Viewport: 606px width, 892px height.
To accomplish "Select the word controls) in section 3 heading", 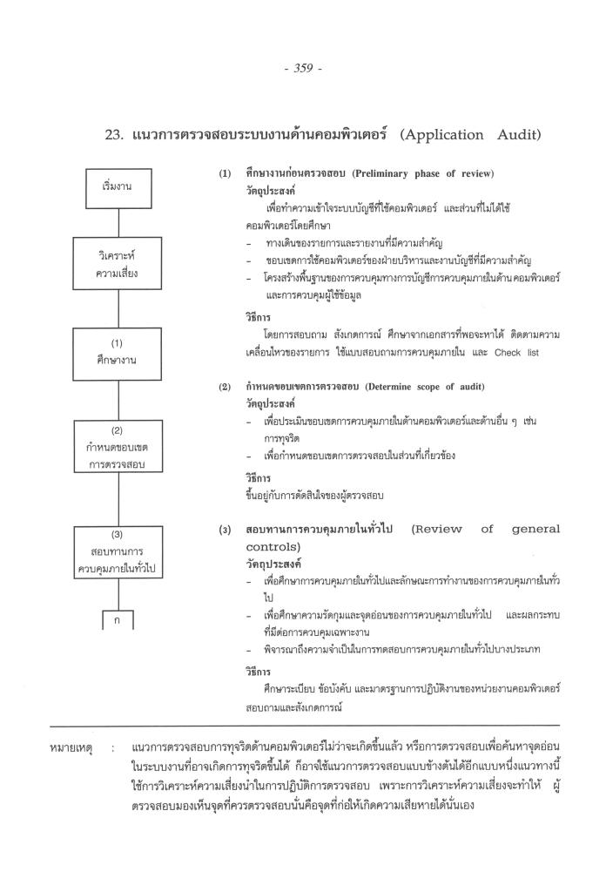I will point(274,546).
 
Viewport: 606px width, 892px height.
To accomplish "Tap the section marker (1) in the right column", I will point(225,174).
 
